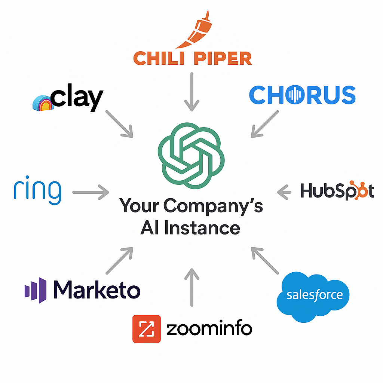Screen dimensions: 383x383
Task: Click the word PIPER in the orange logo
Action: pos(224,58)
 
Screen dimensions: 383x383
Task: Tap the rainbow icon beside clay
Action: pos(43,101)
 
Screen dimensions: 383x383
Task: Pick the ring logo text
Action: pos(37,191)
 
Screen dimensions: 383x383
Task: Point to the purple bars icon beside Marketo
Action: pos(36,290)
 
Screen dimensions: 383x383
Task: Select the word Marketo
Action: pos(96,290)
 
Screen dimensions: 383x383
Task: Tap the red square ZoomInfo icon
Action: pos(146,329)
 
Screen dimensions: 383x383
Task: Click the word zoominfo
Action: pos(209,329)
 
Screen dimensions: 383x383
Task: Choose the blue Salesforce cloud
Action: pos(313,296)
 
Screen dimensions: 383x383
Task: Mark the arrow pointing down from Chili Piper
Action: pos(191,92)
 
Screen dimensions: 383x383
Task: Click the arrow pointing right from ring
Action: pos(91,192)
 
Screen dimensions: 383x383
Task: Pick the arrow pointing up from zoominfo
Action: pos(191,286)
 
